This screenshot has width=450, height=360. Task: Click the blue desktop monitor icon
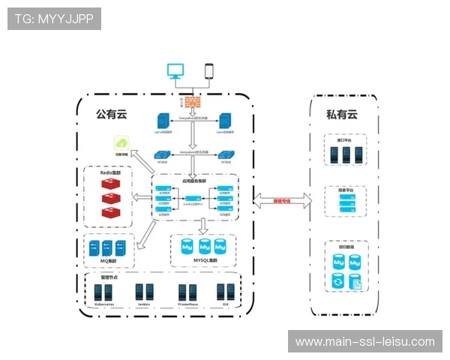(x=175, y=70)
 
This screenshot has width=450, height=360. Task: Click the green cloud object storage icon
(x=121, y=142)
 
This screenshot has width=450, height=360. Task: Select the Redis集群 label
(x=115, y=172)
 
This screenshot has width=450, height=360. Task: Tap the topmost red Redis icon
(x=112, y=184)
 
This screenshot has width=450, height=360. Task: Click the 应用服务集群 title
(x=194, y=181)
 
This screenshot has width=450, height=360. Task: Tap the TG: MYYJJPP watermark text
(x=53, y=19)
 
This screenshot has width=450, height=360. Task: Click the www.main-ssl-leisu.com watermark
(x=364, y=342)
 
